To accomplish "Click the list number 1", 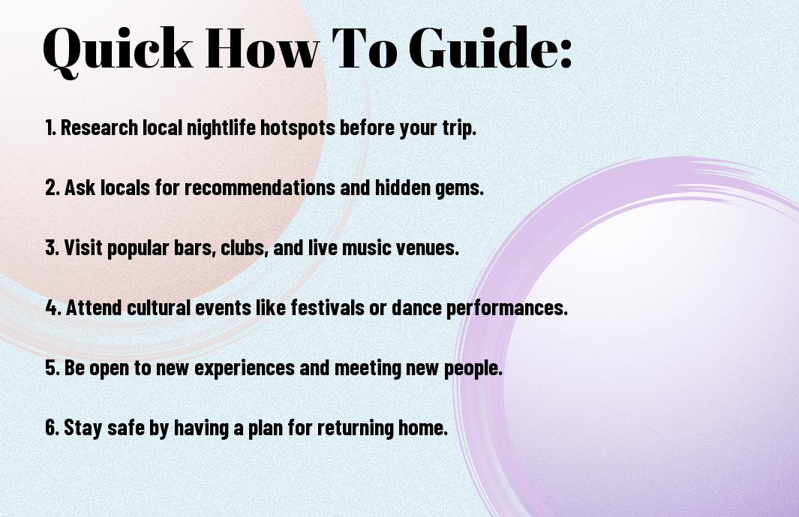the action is click(50, 128).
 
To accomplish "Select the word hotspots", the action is click(298, 128).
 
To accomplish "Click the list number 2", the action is click(53, 188).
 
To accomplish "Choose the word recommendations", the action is click(260, 188).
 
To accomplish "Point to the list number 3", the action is click(53, 248).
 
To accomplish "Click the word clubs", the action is click(245, 248).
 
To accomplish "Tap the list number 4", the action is click(53, 308).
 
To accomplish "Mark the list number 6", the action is click(53, 428).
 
